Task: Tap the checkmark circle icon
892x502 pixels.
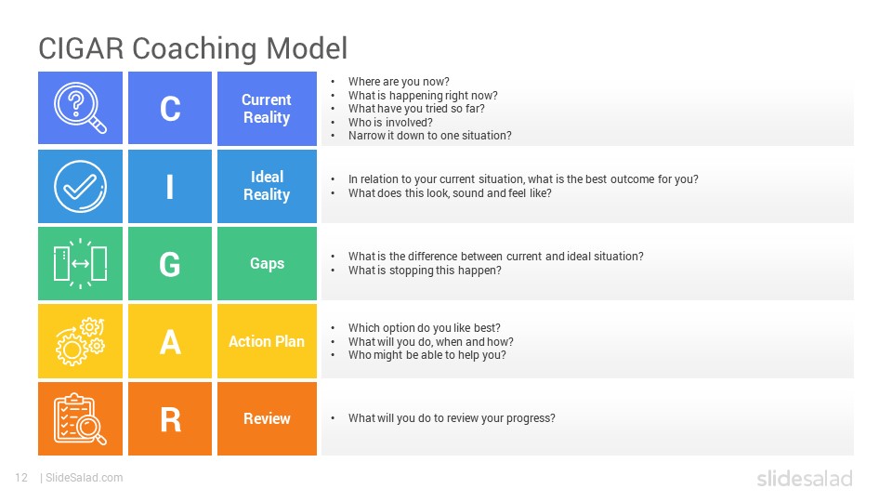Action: [x=80, y=186]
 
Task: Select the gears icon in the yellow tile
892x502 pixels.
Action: [x=80, y=341]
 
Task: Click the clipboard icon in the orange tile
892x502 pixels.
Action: [x=80, y=419]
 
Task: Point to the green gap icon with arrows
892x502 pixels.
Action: [x=80, y=263]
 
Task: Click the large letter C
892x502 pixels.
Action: [x=170, y=108]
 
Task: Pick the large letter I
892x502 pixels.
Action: [x=169, y=186]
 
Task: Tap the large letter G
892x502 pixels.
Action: [x=170, y=264]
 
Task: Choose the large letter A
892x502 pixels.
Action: [x=170, y=342]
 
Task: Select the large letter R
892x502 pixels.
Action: [x=171, y=419]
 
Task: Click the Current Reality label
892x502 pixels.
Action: [x=267, y=108]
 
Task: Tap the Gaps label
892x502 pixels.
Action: [x=268, y=263]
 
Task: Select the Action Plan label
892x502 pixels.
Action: [x=267, y=341]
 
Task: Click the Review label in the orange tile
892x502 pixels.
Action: [x=267, y=418]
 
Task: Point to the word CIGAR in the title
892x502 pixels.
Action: [x=81, y=47]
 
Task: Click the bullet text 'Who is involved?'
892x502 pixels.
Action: [x=390, y=123]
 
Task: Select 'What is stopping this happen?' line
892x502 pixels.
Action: [x=425, y=271]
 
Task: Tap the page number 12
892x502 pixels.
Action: [x=21, y=478]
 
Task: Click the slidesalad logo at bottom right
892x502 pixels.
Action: [x=805, y=478]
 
